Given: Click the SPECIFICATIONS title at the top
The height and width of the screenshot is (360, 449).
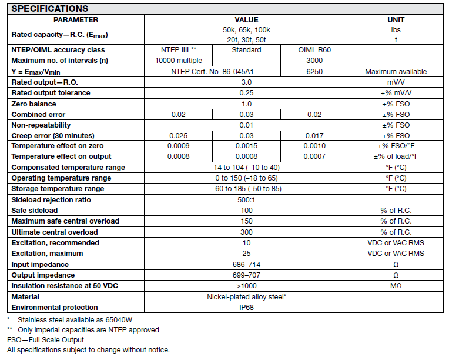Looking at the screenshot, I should (x=50, y=9).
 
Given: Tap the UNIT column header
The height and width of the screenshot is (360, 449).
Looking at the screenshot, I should (x=396, y=20).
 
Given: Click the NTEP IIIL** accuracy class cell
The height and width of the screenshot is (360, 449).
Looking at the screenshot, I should (x=178, y=50).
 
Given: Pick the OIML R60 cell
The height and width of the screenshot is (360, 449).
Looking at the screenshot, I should (x=314, y=50).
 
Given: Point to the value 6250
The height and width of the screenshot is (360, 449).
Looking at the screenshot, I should (x=314, y=72).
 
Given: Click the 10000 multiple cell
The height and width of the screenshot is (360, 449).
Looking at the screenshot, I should (x=178, y=61).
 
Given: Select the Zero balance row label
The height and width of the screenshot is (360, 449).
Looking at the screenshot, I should (x=35, y=104).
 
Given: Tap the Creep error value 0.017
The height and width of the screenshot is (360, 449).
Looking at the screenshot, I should (x=314, y=136).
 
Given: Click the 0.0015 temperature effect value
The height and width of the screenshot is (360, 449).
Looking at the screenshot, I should (x=246, y=146).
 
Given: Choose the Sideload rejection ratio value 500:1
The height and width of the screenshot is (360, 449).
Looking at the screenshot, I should (x=246, y=200).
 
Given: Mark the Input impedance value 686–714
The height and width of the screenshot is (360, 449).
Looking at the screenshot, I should (x=246, y=265).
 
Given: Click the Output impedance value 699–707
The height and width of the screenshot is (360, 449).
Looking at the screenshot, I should (x=246, y=275).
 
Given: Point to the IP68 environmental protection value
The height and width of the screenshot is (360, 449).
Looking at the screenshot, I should (x=246, y=308).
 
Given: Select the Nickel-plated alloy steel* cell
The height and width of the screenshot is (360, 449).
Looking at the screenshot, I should (x=246, y=297).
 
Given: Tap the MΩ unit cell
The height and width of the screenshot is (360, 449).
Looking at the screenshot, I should (x=396, y=286).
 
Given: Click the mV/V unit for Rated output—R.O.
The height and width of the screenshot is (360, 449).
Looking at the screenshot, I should (x=396, y=82).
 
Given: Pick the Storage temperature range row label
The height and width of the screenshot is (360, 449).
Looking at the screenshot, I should (x=58, y=189).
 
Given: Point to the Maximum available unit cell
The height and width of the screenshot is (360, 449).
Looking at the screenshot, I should (x=396, y=72).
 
